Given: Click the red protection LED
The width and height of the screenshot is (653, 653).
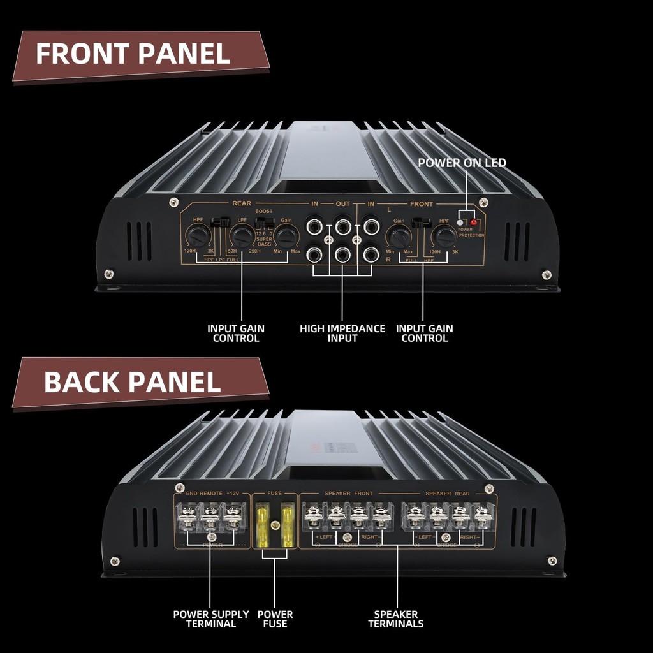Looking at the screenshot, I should pyautogui.click(x=474, y=223).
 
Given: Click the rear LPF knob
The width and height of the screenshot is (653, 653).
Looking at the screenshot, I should pyautogui.click(x=241, y=237).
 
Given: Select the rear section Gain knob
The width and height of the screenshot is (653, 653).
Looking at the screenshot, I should pyautogui.click(x=287, y=237).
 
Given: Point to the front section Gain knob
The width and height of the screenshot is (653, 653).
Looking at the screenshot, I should pyautogui.click(x=400, y=237).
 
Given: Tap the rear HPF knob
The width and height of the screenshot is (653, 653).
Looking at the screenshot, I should pyautogui.click(x=199, y=237).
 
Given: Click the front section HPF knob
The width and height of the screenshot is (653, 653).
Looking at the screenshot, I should pyautogui.click(x=443, y=237).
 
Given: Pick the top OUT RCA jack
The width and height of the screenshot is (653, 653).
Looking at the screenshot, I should pyautogui.click(x=343, y=226).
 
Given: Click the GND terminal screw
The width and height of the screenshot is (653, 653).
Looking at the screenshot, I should pyautogui.click(x=189, y=514).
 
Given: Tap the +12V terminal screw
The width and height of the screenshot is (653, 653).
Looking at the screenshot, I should pyautogui.click(x=233, y=514).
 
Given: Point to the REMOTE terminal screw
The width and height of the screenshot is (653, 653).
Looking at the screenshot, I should pyautogui.click(x=210, y=514).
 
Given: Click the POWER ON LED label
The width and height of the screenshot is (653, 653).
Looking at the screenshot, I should pyautogui.click(x=462, y=163).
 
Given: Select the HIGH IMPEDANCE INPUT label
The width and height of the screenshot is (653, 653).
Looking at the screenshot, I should pyautogui.click(x=342, y=333).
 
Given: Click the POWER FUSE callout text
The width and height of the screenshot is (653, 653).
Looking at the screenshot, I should pyautogui.click(x=275, y=619).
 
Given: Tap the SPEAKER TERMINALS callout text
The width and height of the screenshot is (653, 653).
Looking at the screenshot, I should pyautogui.click(x=395, y=619).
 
